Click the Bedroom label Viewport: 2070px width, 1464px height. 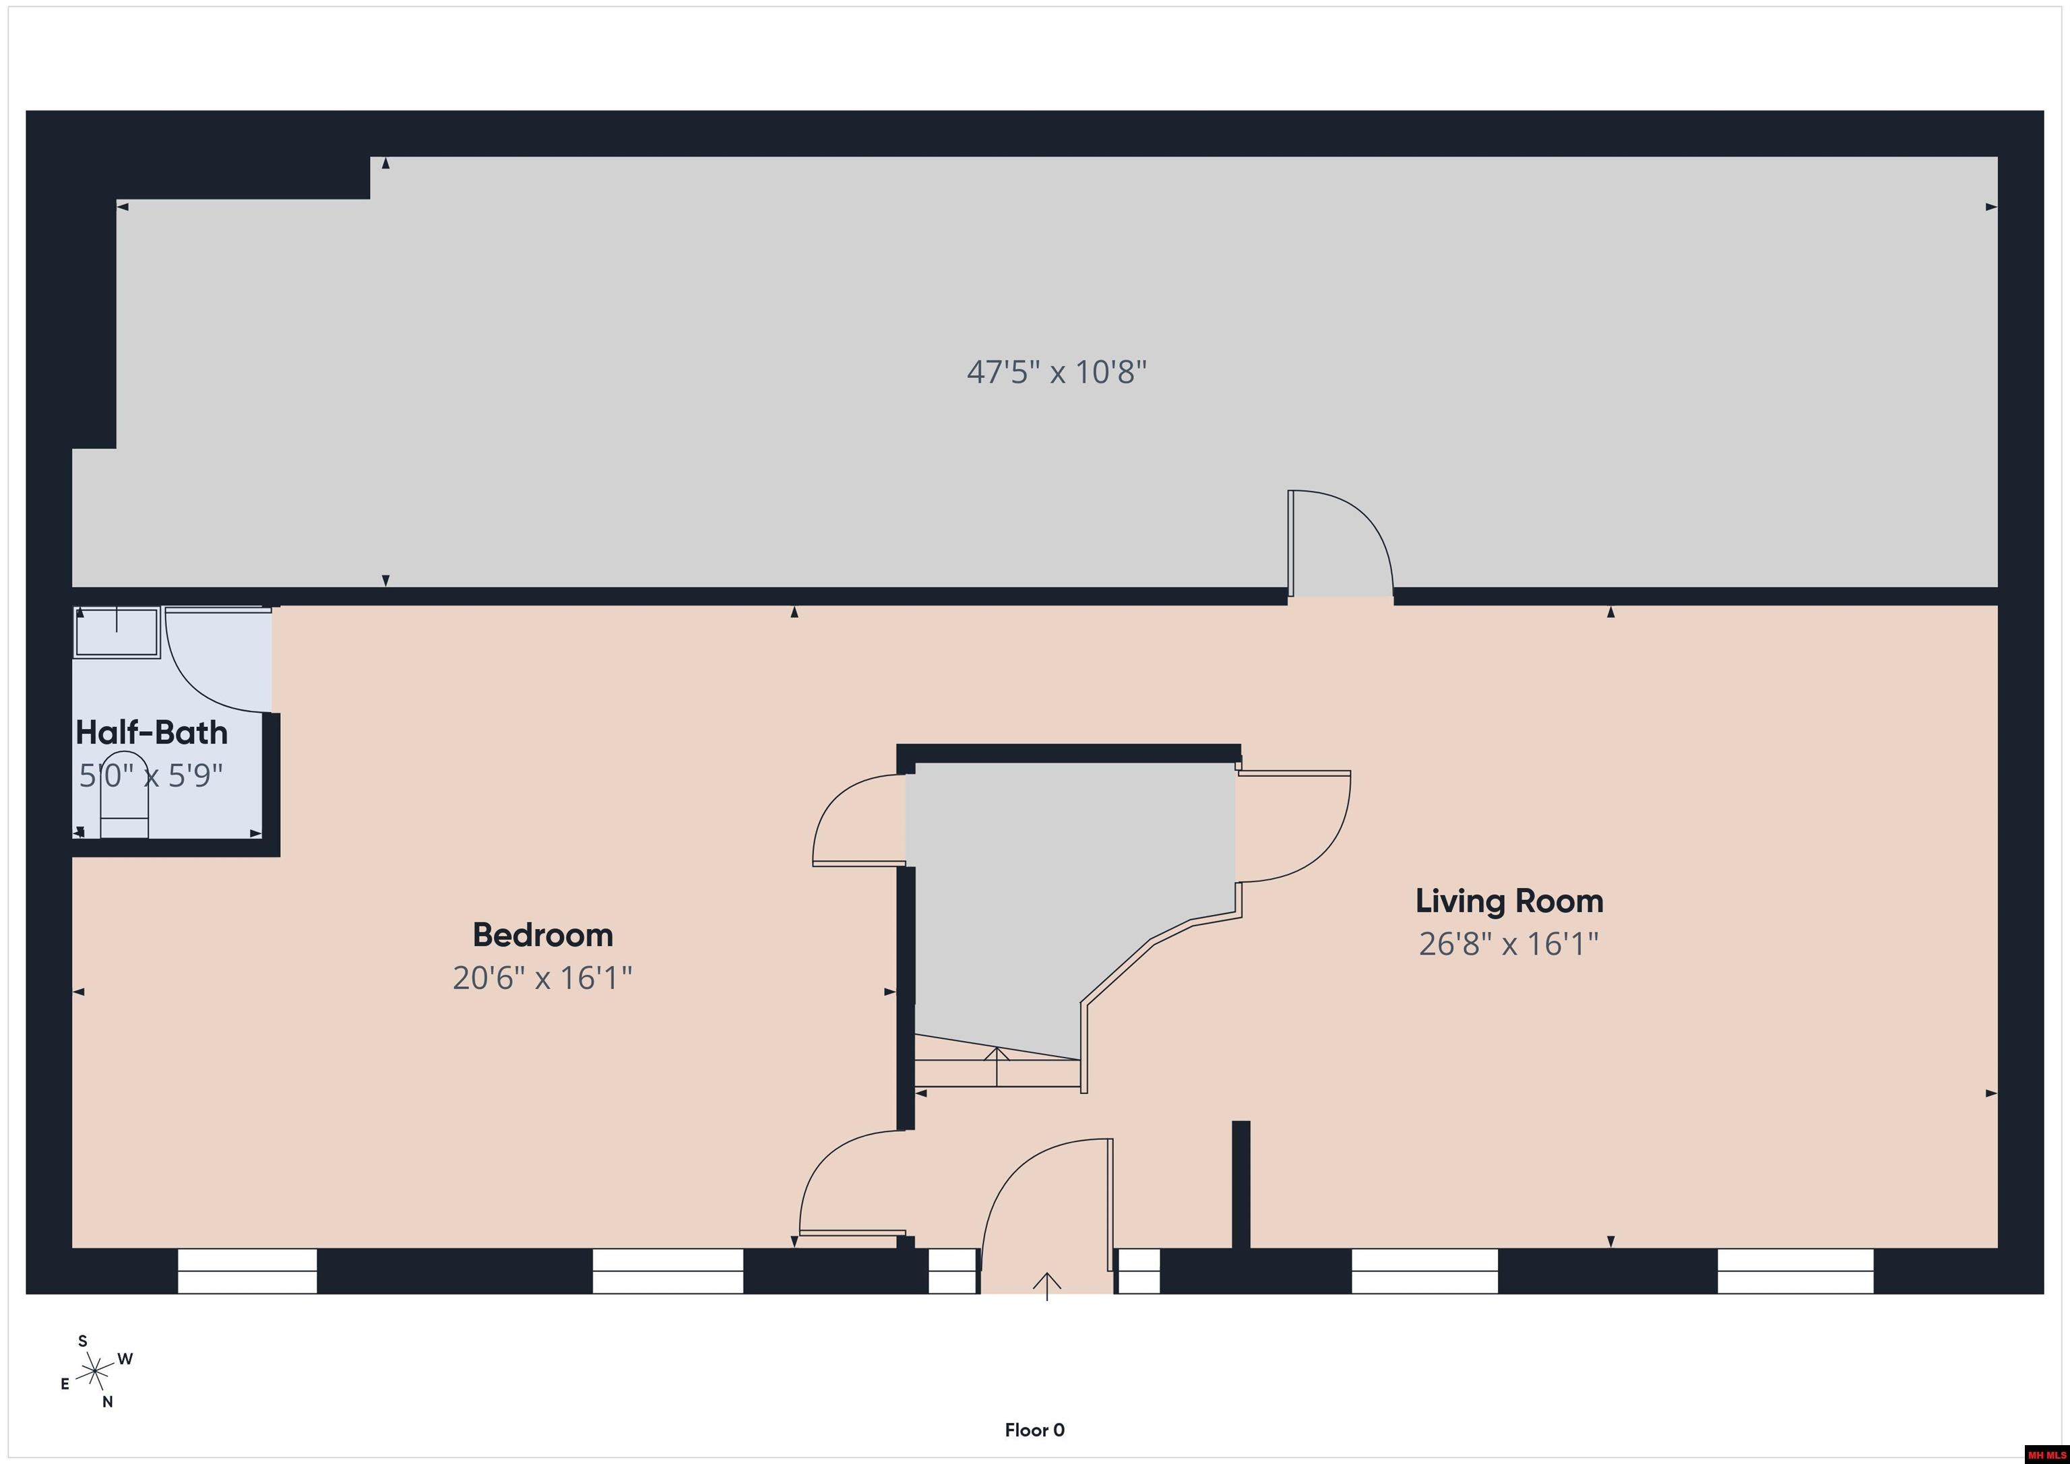(542, 935)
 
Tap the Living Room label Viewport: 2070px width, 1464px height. (1509, 901)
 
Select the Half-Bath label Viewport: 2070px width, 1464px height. (152, 732)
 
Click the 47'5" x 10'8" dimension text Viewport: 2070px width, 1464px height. (1057, 371)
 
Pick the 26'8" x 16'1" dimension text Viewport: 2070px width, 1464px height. (1509, 944)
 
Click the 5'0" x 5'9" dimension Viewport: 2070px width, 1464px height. (152, 775)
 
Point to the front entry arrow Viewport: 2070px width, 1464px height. (1046, 1285)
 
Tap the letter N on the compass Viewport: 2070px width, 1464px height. (107, 1402)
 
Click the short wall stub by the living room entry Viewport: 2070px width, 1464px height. (1241, 1184)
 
